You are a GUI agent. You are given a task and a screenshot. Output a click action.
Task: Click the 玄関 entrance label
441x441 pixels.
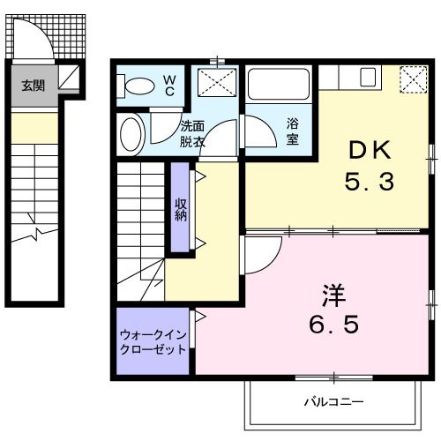pos(33,86)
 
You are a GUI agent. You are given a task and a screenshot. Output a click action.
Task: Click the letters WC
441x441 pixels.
pos(170,85)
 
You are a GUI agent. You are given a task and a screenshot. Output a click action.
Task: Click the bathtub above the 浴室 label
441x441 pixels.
pos(279,85)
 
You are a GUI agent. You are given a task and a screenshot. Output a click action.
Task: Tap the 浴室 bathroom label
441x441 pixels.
pos(292,132)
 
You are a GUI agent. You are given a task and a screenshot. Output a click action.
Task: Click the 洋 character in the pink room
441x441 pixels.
pos(332,292)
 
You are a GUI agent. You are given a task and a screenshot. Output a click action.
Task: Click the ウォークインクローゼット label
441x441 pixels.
pos(153,341)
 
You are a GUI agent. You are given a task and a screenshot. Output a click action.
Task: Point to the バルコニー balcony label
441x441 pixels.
pos(334,401)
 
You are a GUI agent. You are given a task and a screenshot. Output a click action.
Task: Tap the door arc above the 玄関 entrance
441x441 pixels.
pos(35,40)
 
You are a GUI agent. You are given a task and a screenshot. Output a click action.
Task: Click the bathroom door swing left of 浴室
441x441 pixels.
pos(258,133)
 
